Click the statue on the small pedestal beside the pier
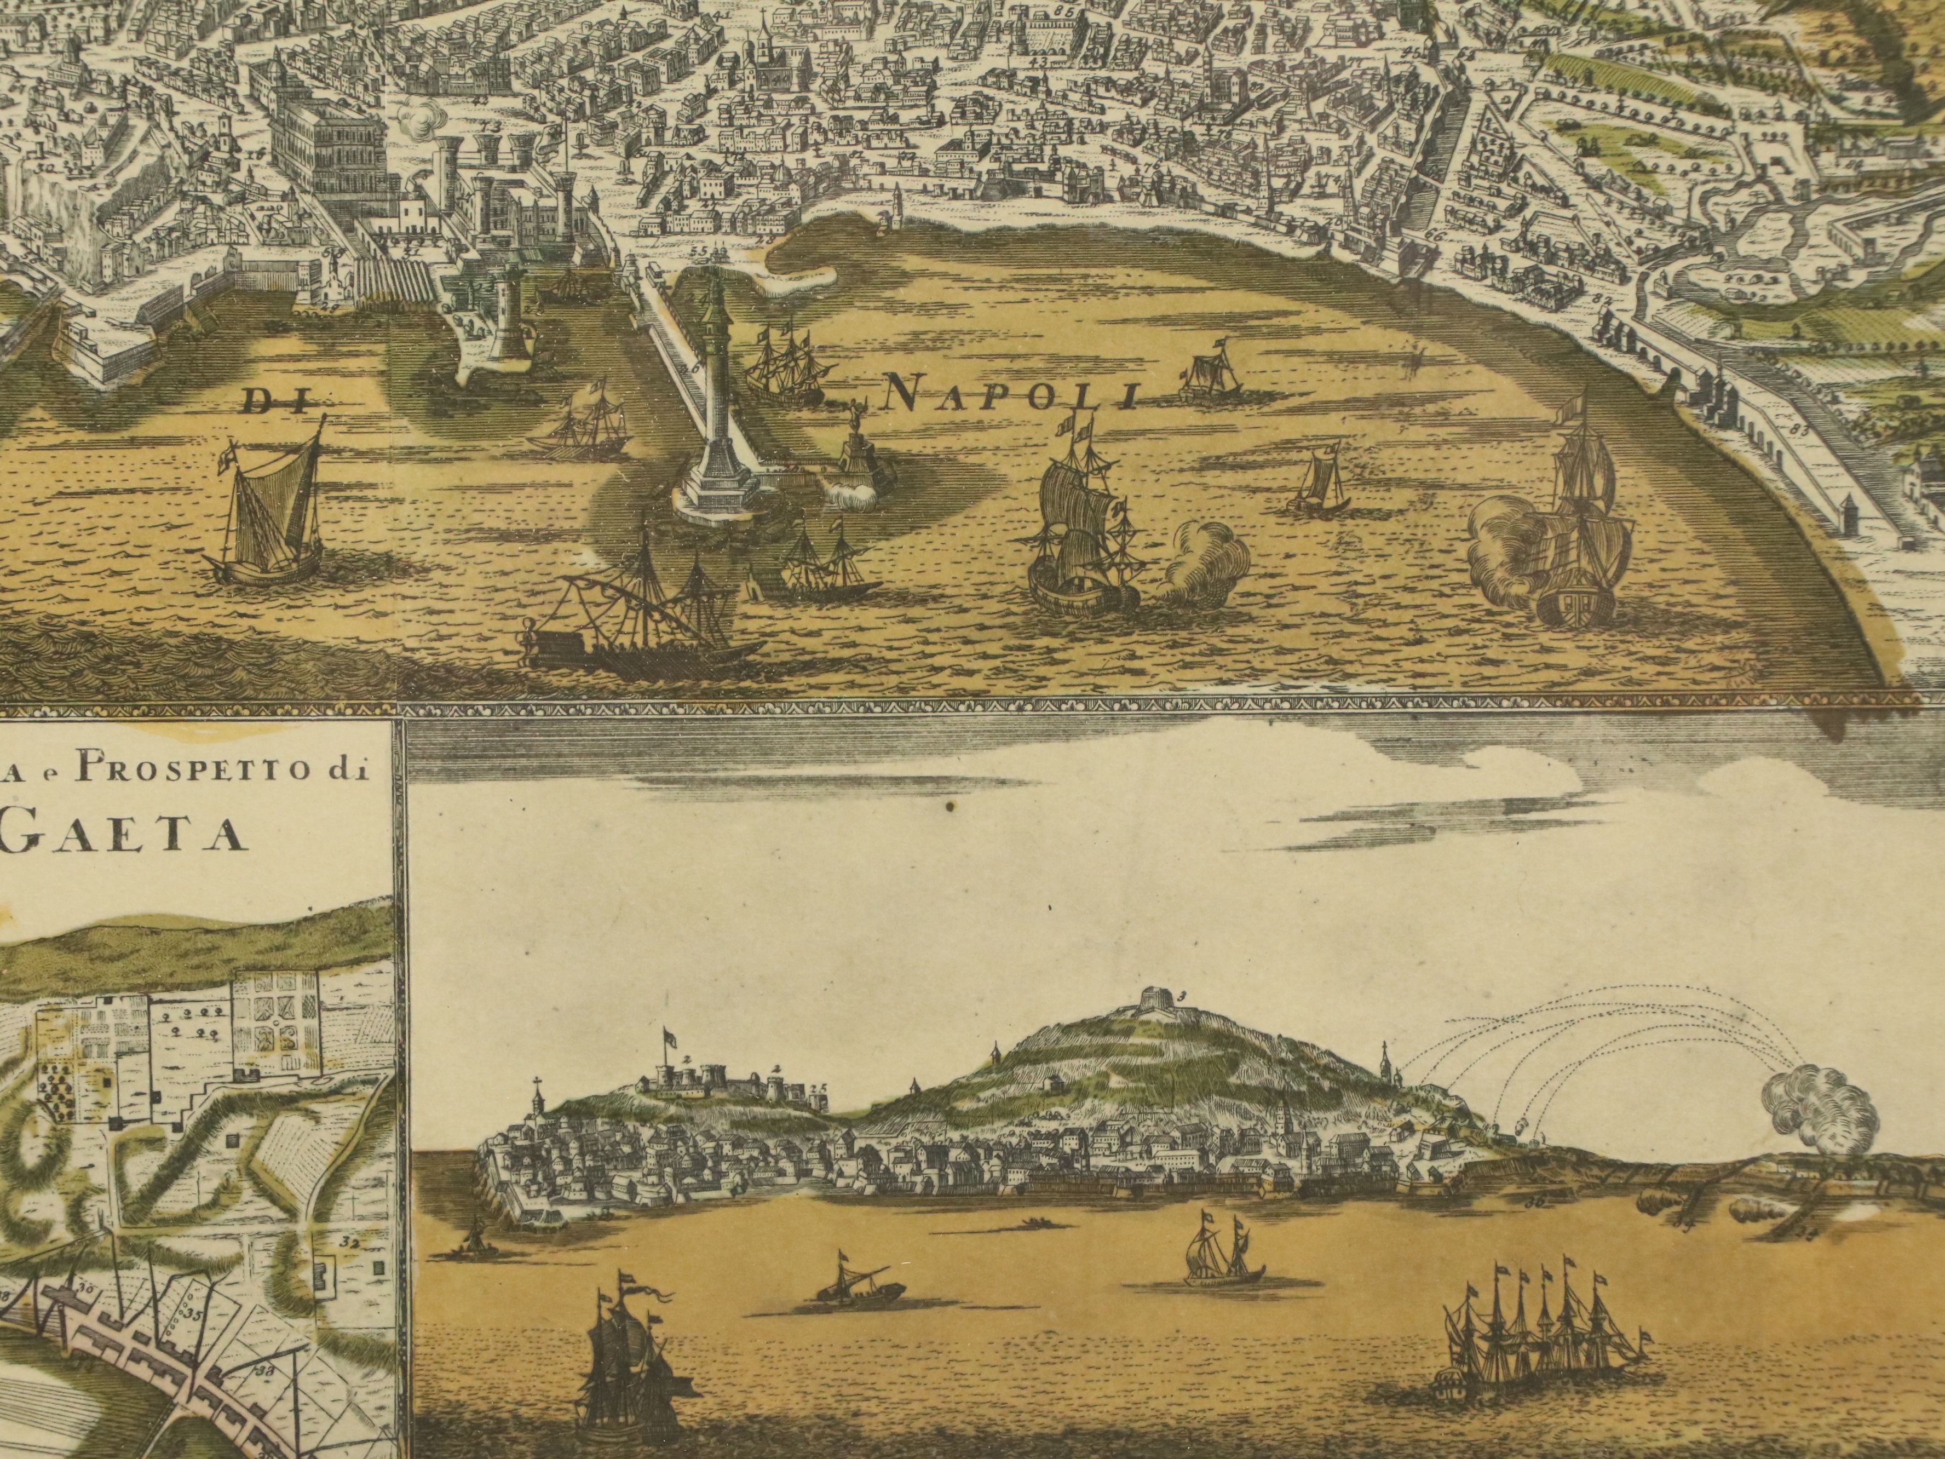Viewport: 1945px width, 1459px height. tap(855, 440)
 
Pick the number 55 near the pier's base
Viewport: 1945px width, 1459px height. tap(699, 251)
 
